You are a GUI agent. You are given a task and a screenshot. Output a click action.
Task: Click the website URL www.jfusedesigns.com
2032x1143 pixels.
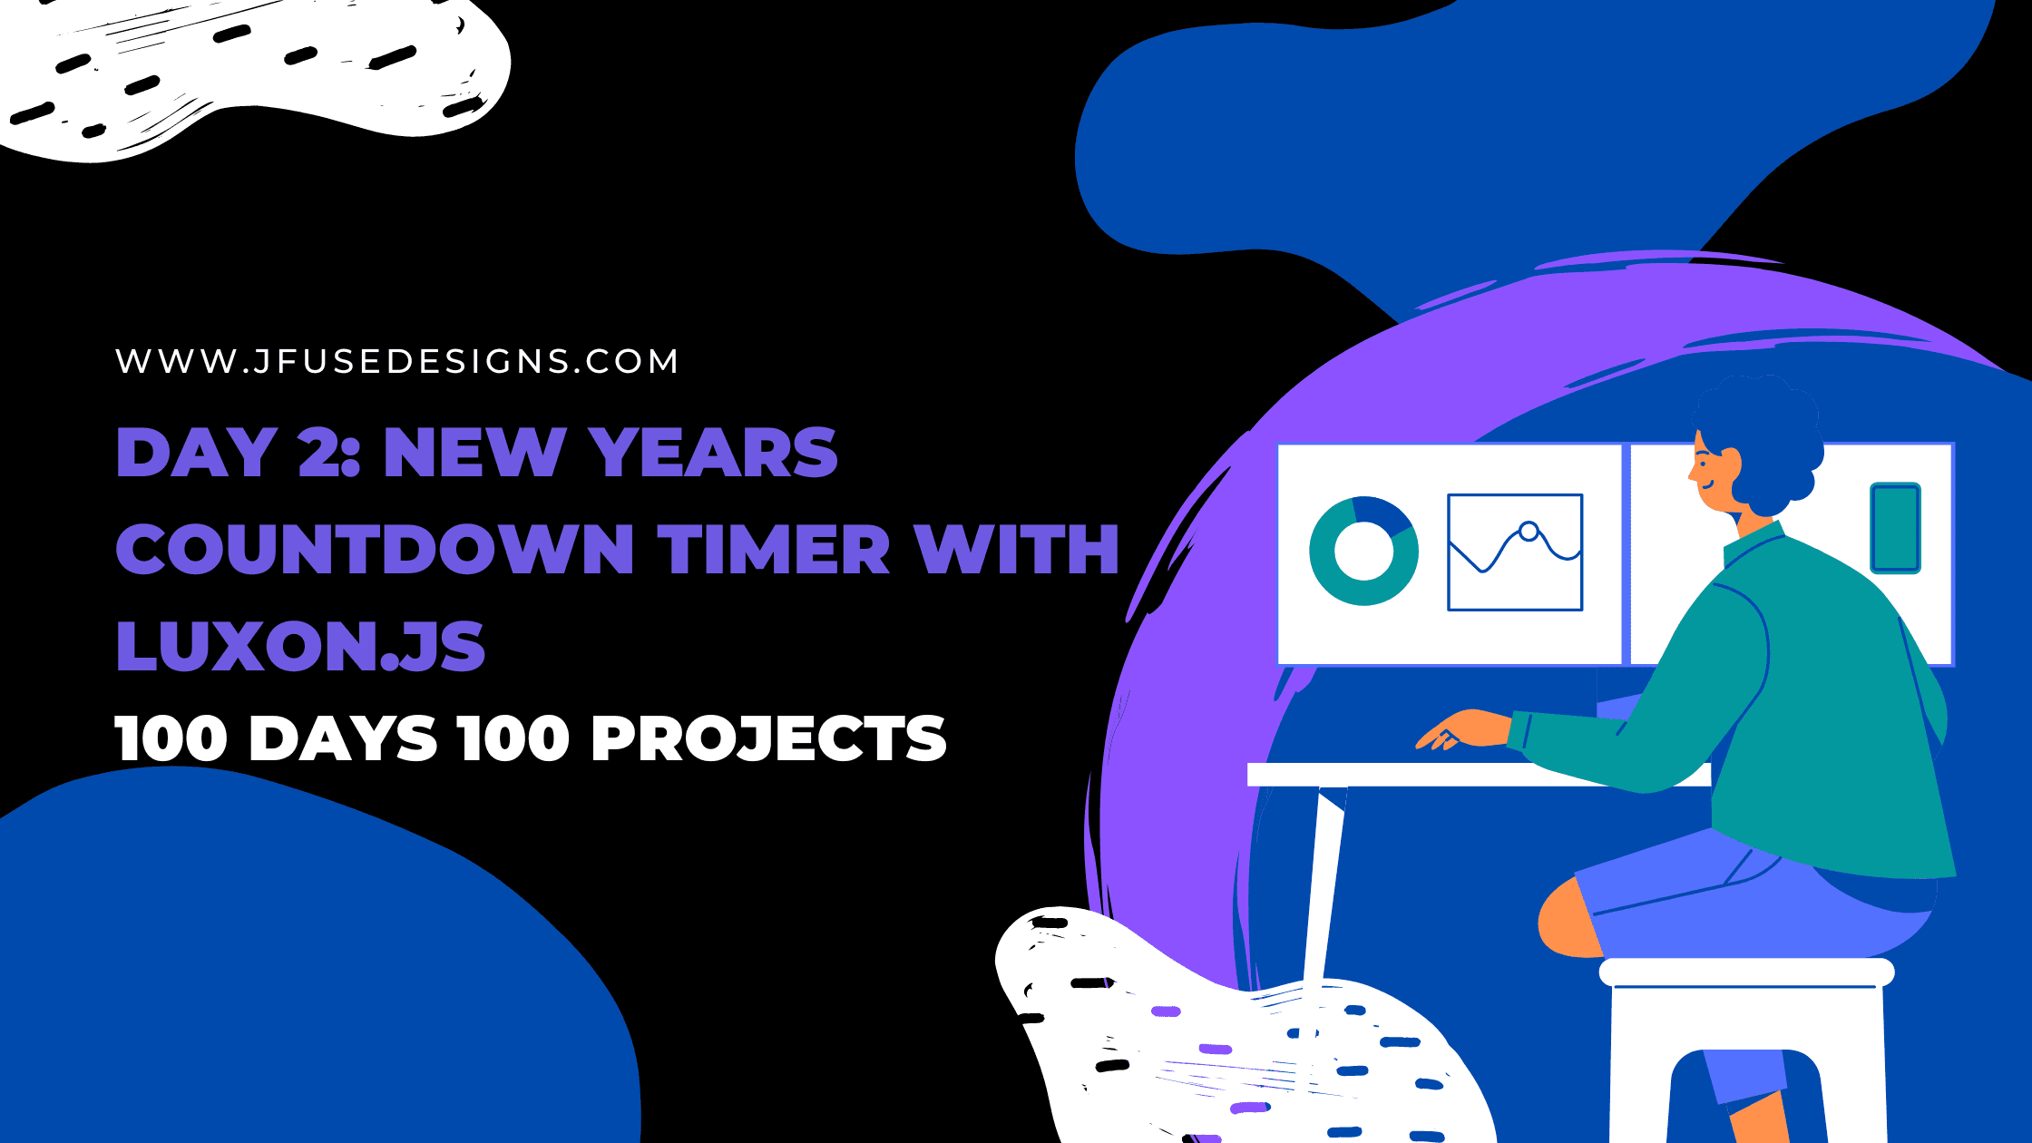pyautogui.click(x=397, y=361)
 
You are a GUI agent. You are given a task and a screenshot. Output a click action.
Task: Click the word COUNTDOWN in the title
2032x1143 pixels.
pyautogui.click(x=375, y=550)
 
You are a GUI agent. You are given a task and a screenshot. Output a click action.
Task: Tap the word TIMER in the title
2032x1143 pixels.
pyautogui.click(x=774, y=550)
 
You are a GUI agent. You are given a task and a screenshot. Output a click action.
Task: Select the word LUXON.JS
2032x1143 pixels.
pyautogui.click(x=300, y=647)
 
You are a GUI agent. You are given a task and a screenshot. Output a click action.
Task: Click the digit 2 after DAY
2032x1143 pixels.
pyautogui.click(x=318, y=452)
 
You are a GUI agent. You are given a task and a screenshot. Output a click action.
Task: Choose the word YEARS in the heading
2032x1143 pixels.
pyautogui.click(x=713, y=452)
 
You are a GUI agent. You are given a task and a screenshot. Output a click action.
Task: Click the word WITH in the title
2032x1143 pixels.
pyautogui.click(x=1017, y=550)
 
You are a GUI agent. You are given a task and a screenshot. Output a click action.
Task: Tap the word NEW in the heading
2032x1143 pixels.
pyautogui.click(x=474, y=452)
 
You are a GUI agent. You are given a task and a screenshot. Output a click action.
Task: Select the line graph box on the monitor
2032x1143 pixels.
pyautogui.click(x=1515, y=552)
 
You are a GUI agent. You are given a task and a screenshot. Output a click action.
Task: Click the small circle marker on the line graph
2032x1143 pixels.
pyautogui.click(x=1529, y=532)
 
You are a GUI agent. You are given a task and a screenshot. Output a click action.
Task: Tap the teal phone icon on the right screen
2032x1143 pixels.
pyautogui.click(x=1895, y=528)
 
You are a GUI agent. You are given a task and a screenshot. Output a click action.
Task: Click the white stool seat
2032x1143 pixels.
pyautogui.click(x=1746, y=972)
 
